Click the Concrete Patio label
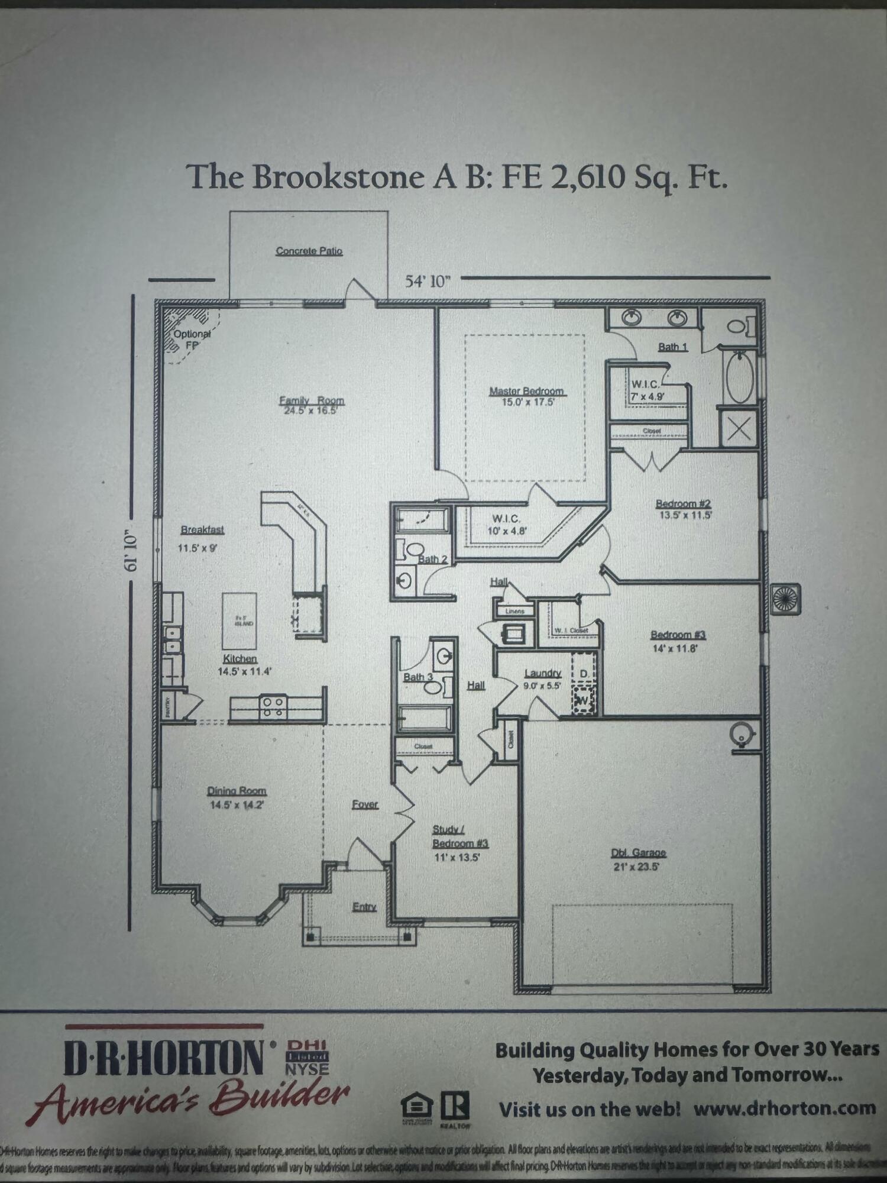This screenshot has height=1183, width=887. (x=309, y=251)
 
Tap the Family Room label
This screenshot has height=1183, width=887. (x=311, y=401)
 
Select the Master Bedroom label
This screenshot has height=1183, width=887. (x=526, y=392)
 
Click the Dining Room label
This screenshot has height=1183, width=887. (x=237, y=791)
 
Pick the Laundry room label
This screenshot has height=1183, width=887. (x=542, y=673)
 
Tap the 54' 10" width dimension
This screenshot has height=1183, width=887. (x=428, y=281)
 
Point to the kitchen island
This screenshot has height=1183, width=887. (x=239, y=622)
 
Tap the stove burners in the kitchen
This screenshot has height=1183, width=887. (x=274, y=707)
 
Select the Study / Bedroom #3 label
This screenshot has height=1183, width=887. (x=459, y=837)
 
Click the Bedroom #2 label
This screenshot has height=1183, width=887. (x=683, y=504)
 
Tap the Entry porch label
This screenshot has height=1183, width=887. (x=364, y=907)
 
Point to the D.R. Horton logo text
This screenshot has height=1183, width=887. (x=164, y=1058)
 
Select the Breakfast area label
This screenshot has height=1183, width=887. (x=202, y=530)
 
